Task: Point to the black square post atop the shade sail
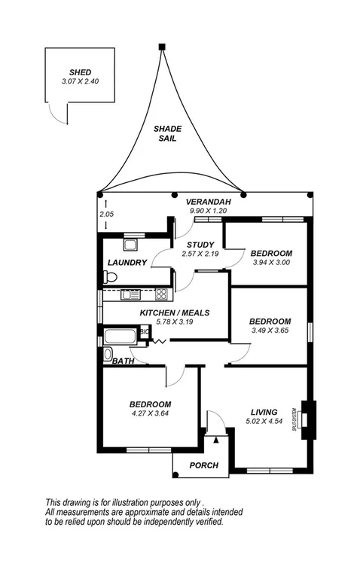[x=161, y=47]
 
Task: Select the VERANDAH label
[x=209, y=203]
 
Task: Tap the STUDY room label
[x=200, y=245]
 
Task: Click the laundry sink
[x=130, y=244]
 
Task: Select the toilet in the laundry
[x=110, y=278]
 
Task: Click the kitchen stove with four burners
[x=160, y=294]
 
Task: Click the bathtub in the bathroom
[x=121, y=336]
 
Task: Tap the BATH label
[x=123, y=362]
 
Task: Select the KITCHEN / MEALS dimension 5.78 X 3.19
[x=174, y=322]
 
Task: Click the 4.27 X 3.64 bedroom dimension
[x=149, y=413]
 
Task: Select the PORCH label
[x=203, y=465]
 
